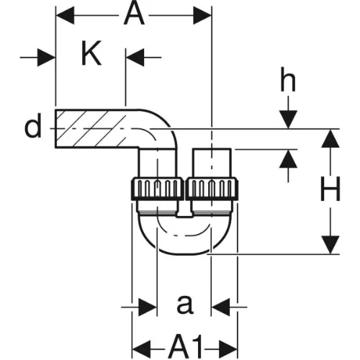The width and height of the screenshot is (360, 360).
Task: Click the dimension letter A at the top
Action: pos(134,15)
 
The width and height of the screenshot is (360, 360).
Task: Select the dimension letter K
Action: pos(91,53)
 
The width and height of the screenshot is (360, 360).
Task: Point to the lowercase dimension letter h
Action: pos(288,79)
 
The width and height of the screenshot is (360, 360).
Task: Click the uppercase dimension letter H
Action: pos(330,189)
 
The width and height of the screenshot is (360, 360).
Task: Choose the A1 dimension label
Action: pos(185,346)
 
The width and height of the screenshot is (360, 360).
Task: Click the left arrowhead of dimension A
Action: pos(65,15)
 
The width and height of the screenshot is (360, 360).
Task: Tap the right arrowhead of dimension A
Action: pos(202,15)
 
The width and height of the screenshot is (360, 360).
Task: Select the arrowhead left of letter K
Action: pos(47,58)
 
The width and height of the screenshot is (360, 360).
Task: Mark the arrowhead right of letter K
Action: pos(135,58)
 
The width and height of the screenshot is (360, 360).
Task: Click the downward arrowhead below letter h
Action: pos(288,120)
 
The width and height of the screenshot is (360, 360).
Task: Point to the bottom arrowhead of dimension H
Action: pos(330,245)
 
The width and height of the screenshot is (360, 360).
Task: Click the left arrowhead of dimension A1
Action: pos(142,348)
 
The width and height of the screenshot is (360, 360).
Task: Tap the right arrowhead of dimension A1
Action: pos(228,348)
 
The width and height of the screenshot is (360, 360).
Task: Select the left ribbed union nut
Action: pos(158,189)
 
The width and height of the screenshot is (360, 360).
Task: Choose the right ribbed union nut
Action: pos(212,189)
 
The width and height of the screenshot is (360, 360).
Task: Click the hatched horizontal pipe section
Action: pos(96,129)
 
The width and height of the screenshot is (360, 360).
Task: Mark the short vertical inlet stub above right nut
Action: pos(212,163)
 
